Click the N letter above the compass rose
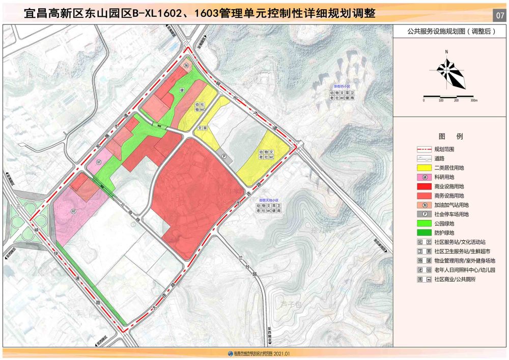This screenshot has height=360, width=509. (446, 52)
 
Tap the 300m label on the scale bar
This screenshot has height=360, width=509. (473, 100)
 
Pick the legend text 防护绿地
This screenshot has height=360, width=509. (444, 233)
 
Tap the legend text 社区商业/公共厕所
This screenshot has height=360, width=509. (456, 280)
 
